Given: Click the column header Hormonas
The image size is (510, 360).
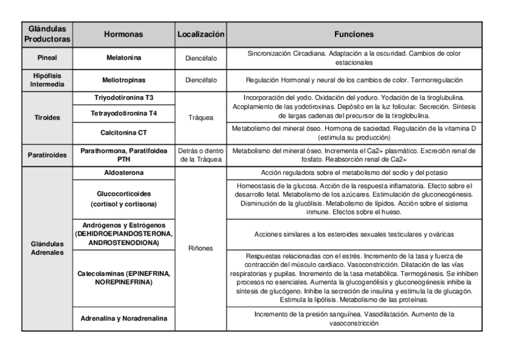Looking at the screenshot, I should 123,35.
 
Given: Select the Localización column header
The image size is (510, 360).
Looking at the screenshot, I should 201,35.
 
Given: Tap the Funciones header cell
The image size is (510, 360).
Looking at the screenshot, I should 354,35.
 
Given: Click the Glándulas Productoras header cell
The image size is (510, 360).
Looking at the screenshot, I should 46,35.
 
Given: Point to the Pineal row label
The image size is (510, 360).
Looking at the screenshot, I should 46,58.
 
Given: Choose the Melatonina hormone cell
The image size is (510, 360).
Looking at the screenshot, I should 123,58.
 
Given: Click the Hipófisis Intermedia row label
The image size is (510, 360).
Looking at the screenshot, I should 46,79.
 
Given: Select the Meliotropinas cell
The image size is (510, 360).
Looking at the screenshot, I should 123,79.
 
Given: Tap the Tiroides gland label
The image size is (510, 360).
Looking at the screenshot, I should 46,118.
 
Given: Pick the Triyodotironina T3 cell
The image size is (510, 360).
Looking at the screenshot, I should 123,97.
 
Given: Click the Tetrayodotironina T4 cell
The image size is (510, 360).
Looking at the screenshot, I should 123,113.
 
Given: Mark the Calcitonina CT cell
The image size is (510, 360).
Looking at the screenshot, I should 123,132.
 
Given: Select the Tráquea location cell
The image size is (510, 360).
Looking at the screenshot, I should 201,118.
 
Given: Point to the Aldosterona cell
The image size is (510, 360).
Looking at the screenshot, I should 123,173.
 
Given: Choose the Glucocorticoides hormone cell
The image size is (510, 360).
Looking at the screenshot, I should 123,199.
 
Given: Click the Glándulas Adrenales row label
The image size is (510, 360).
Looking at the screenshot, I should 46,248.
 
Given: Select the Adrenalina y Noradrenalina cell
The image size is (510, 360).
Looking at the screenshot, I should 123,318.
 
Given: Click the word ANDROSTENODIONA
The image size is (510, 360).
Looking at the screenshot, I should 123,242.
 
